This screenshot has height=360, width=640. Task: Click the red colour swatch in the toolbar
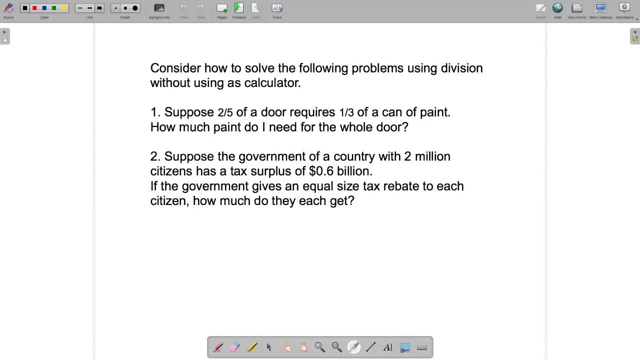[x=34, y=8]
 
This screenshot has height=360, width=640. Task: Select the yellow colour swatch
[x=63, y=8]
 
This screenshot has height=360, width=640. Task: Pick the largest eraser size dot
[x=135, y=8]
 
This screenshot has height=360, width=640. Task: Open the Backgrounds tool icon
[x=159, y=8]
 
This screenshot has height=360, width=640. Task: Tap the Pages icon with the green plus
[x=222, y=8]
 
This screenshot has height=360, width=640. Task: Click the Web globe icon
[x=557, y=8]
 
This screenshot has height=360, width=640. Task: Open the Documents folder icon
[x=577, y=8]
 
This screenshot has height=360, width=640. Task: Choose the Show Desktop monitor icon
[x=600, y=8]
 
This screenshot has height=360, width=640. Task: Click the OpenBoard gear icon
[x=624, y=8]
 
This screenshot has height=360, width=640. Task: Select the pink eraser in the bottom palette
[x=235, y=347]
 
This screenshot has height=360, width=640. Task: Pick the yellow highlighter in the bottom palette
[x=252, y=347]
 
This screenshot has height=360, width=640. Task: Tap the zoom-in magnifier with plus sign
[x=319, y=347]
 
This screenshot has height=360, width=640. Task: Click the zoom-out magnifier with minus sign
[x=336, y=347]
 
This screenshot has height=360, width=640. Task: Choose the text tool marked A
[x=388, y=347]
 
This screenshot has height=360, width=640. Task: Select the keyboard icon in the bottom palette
[x=422, y=347]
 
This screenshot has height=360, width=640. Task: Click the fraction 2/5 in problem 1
[x=225, y=112]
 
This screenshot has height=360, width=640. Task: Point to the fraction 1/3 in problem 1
[x=346, y=112]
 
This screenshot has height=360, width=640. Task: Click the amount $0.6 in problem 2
[x=321, y=171]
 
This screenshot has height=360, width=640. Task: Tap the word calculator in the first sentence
[x=272, y=83]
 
